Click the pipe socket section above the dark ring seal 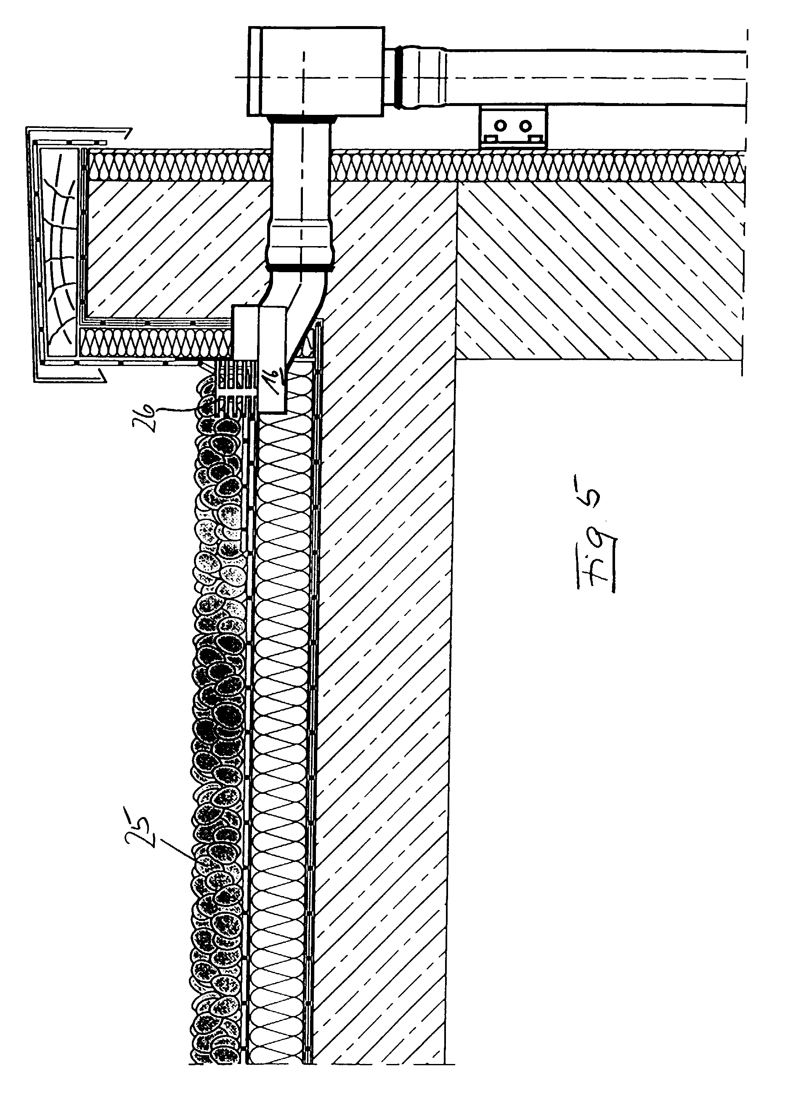[301, 243]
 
